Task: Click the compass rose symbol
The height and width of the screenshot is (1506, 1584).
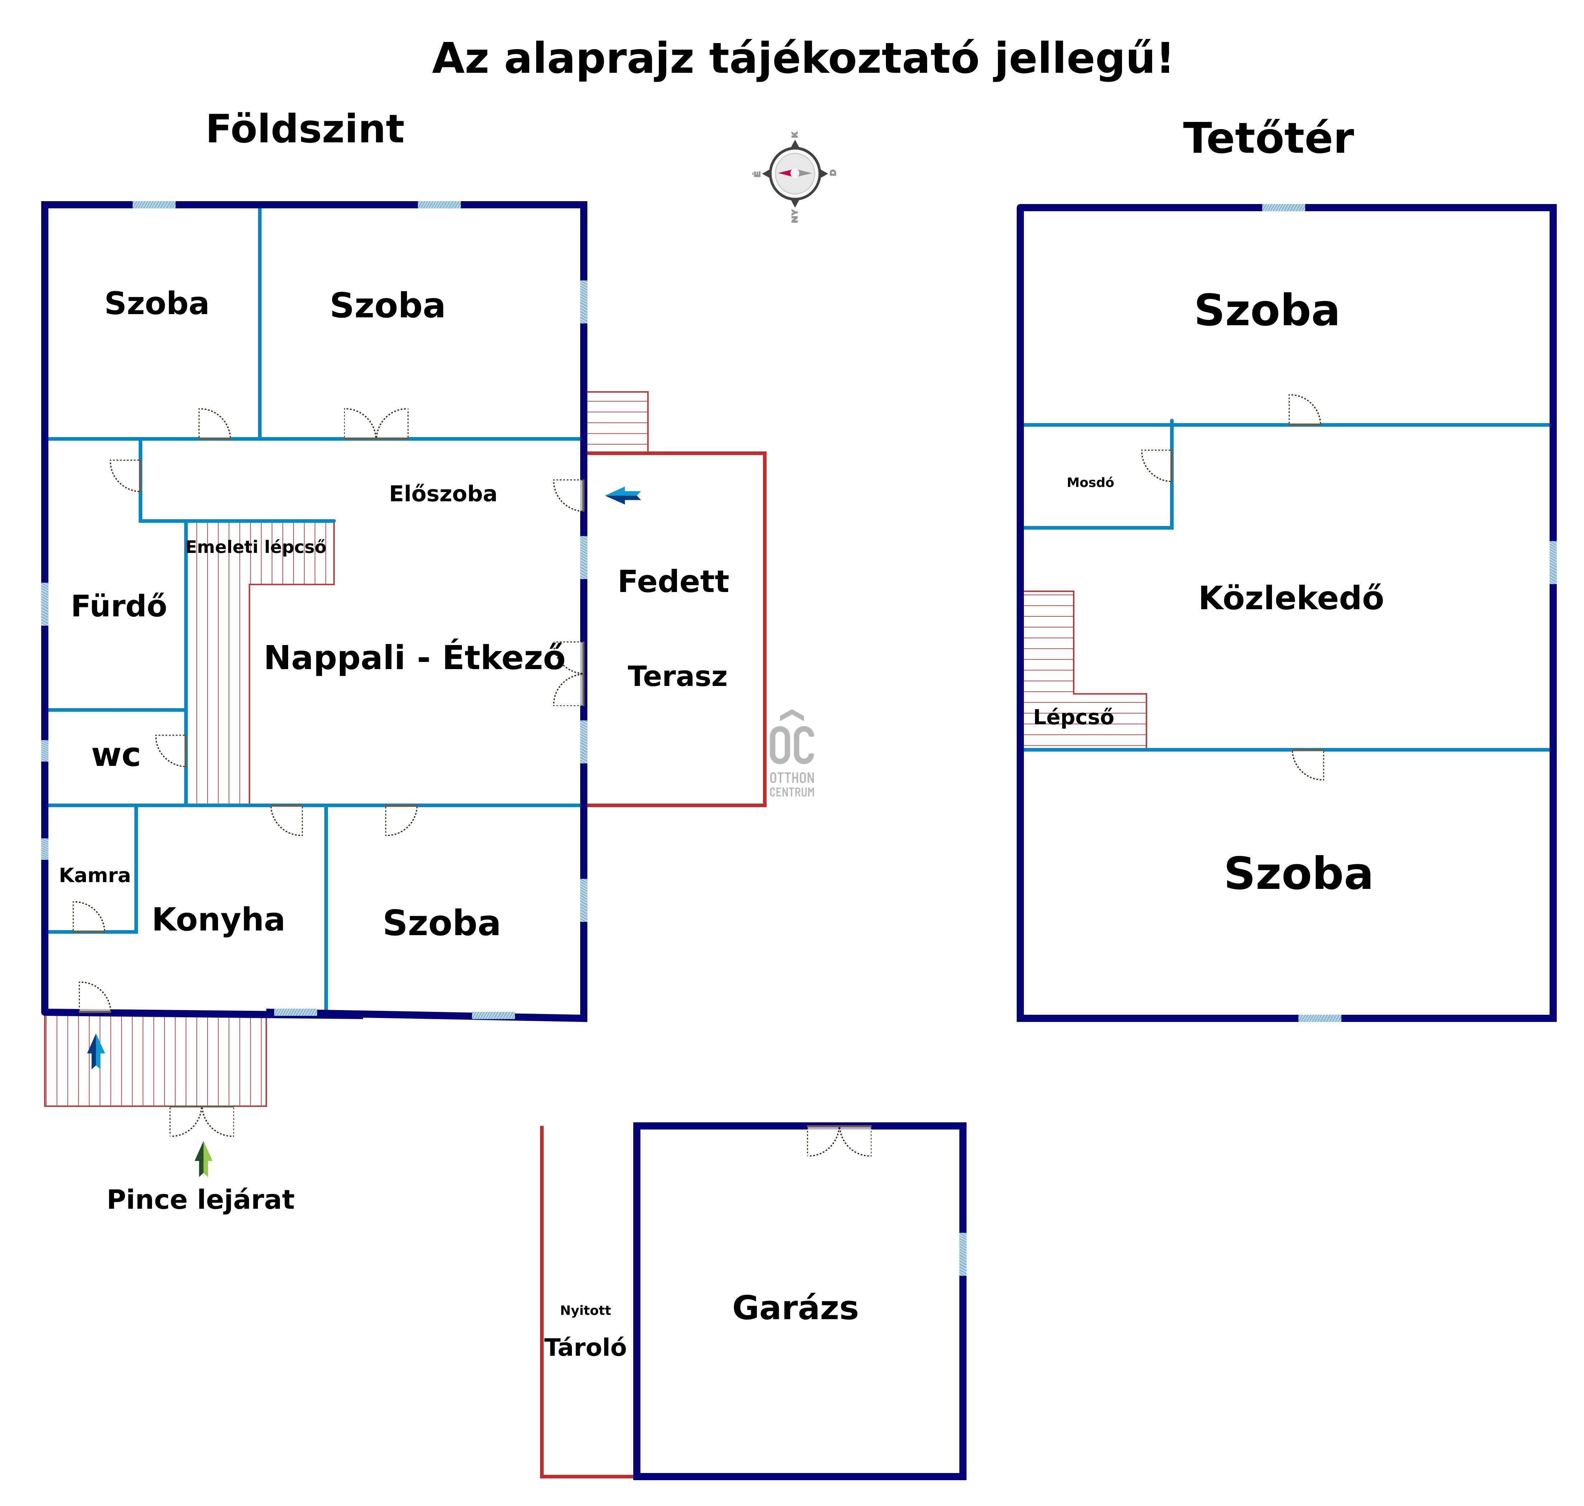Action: pyautogui.click(x=795, y=174)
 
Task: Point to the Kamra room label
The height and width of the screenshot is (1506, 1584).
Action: pyautogui.click(x=95, y=875)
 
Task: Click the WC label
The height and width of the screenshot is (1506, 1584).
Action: pyautogui.click(x=116, y=756)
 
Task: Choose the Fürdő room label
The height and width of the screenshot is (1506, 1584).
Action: pyautogui.click(x=119, y=606)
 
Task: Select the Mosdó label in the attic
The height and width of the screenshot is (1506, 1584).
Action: pyautogui.click(x=1090, y=483)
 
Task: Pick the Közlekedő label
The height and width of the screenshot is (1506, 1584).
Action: pyautogui.click(x=1290, y=598)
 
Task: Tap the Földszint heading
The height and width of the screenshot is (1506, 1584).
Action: pyautogui.click(x=305, y=129)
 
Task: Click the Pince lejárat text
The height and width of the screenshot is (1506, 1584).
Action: pyautogui.click(x=201, y=1199)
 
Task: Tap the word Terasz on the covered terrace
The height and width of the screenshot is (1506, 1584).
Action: pyautogui.click(x=677, y=677)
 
